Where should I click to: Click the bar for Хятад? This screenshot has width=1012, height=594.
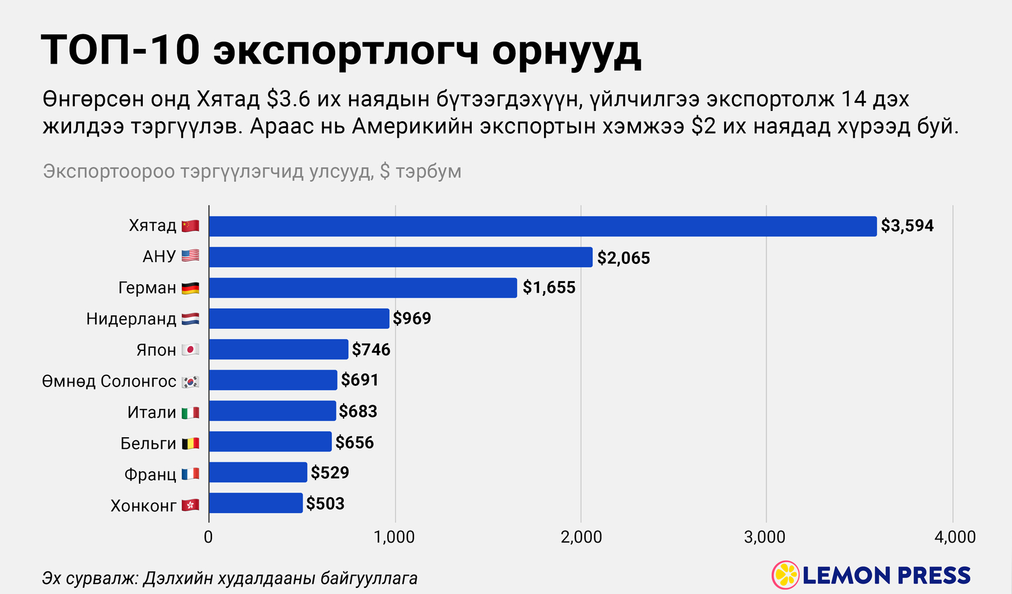[x=542, y=226]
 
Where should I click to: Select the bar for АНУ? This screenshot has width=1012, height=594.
[x=401, y=257]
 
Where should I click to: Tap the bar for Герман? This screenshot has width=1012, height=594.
[x=363, y=288]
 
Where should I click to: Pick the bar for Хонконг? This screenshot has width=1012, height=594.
[x=255, y=503]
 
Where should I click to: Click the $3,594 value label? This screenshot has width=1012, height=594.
[x=907, y=226]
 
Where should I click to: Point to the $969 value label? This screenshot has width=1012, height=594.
[x=412, y=318]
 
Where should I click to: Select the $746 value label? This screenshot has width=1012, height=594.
[x=371, y=350]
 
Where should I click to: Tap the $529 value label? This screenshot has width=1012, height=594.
[x=330, y=473]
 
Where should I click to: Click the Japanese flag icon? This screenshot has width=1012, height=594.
[x=191, y=350]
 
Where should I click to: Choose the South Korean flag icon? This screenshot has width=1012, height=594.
[x=191, y=381]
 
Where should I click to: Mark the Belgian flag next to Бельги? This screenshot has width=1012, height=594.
[x=191, y=443]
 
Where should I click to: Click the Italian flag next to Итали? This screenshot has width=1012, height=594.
[x=191, y=412]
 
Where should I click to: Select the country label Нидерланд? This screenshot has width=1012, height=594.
[x=131, y=318]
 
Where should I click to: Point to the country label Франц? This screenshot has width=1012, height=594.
[x=150, y=474]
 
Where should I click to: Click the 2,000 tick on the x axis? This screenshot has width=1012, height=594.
[x=581, y=538]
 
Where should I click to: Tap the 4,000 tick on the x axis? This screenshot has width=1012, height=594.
[x=954, y=538]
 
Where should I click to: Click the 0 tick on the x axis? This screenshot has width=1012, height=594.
[x=208, y=538]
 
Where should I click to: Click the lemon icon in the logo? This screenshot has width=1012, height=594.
[x=785, y=575]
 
